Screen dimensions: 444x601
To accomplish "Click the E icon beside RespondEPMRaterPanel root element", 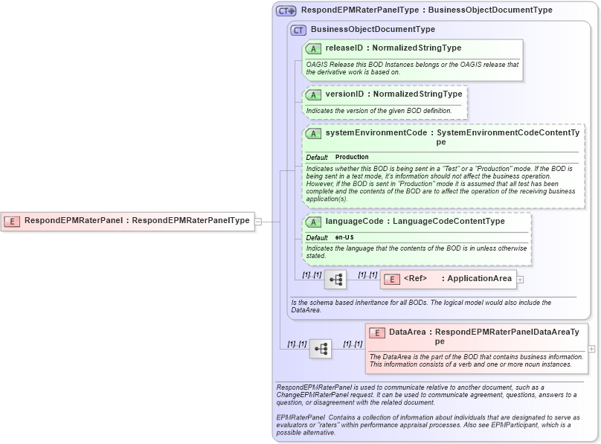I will tap(12, 221).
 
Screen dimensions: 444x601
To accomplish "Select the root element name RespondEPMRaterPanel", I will tap(73, 221).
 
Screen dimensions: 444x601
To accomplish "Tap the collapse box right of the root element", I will tap(258, 221).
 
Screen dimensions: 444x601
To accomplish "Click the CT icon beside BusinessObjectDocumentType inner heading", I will tap(298, 30).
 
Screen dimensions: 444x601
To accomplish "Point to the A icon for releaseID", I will tap(313, 48).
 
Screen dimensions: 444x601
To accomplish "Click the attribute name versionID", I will tap(345, 94).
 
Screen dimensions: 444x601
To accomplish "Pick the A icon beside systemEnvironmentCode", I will tap(313, 134).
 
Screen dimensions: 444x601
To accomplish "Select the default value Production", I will tap(352, 158).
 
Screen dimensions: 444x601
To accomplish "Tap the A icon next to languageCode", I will tap(313, 222).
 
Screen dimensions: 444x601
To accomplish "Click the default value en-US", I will tap(344, 237).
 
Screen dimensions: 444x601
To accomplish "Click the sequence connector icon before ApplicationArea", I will tap(335, 280).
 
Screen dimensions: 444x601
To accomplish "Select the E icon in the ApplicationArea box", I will tap(392, 279).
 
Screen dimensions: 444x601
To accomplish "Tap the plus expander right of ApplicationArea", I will tap(521, 280).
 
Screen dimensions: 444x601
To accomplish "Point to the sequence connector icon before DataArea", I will tap(321, 349).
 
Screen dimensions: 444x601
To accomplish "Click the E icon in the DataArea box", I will tap(377, 333).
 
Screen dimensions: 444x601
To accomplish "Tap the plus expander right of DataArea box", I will tap(591, 348).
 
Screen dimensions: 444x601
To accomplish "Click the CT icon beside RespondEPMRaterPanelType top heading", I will tap(286, 11).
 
